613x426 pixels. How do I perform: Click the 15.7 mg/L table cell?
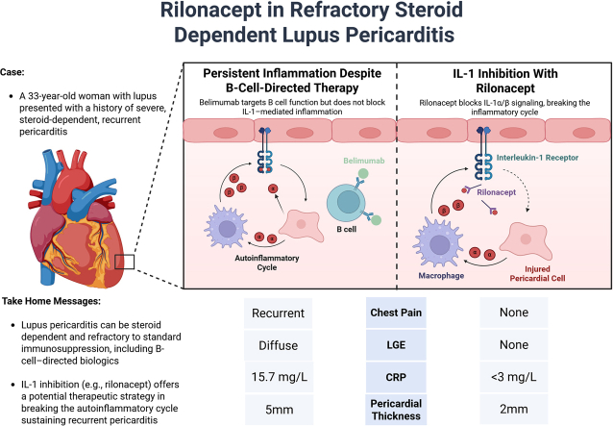pyautogui.click(x=279, y=377)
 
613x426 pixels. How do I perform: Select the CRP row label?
pyautogui.click(x=396, y=377)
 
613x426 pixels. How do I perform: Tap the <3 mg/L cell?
pyautogui.click(x=514, y=377)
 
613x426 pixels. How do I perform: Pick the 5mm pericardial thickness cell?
pyautogui.click(x=279, y=410)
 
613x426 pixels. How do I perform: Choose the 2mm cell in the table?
pyautogui.click(x=514, y=410)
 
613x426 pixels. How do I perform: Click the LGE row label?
pyautogui.click(x=396, y=345)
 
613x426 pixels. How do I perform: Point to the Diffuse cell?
pyautogui.click(x=279, y=345)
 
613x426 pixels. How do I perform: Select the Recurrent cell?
pyautogui.click(x=278, y=313)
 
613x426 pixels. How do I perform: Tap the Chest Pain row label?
pyautogui.click(x=396, y=313)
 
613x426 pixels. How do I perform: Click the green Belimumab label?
pyautogui.click(x=364, y=161)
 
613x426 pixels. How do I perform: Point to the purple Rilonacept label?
pyautogui.click(x=496, y=192)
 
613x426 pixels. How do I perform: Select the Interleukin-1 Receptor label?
pyautogui.click(x=537, y=158)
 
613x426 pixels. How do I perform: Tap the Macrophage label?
pyautogui.click(x=441, y=276)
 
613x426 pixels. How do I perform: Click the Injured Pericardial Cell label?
pyautogui.click(x=537, y=273)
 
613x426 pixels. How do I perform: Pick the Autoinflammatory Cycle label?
pyautogui.click(x=267, y=263)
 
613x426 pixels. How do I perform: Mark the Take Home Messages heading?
pyautogui.click(x=51, y=301)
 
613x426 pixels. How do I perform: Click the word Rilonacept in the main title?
pyautogui.click(x=210, y=11)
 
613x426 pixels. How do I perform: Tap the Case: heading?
pyautogui.click(x=12, y=72)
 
